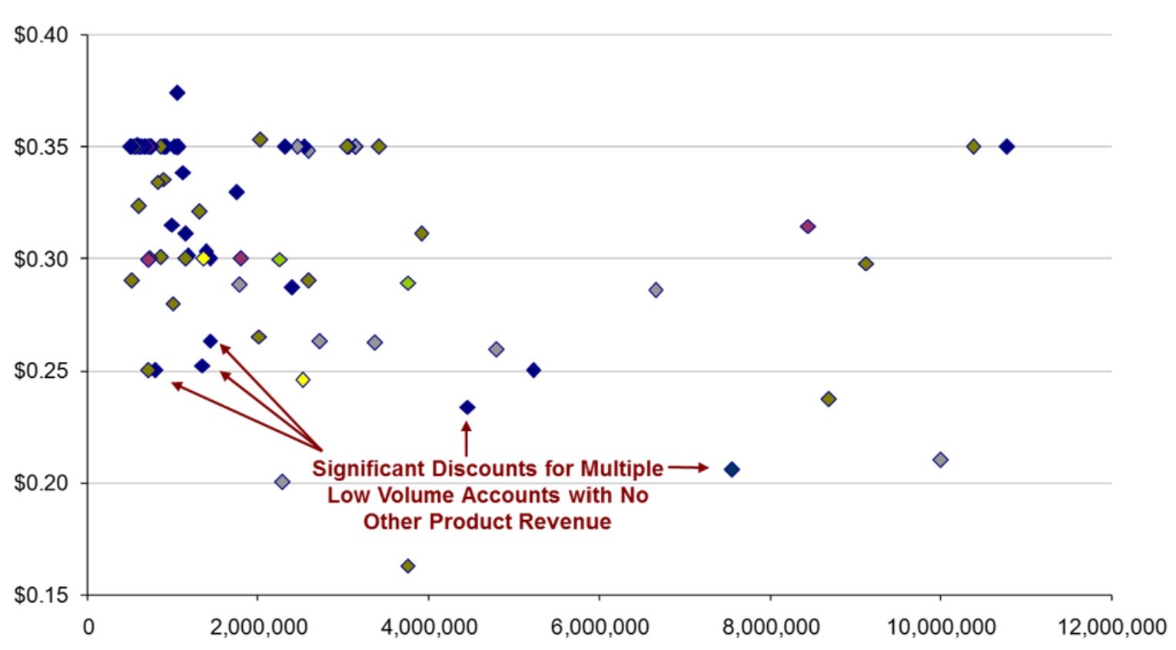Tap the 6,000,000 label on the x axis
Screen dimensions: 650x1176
(x=599, y=627)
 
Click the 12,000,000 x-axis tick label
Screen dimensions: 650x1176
(x=1111, y=627)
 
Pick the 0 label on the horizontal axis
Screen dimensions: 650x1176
(x=88, y=627)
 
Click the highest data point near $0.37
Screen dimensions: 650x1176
(x=177, y=93)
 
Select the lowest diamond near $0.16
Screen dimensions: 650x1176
(x=408, y=566)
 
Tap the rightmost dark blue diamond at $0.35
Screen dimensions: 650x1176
(x=1006, y=146)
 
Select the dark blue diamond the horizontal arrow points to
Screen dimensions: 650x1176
(x=732, y=469)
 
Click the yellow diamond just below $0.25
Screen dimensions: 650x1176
(x=303, y=380)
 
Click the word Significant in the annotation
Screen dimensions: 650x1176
(x=368, y=469)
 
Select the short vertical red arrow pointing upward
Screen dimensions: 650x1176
(x=466, y=439)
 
